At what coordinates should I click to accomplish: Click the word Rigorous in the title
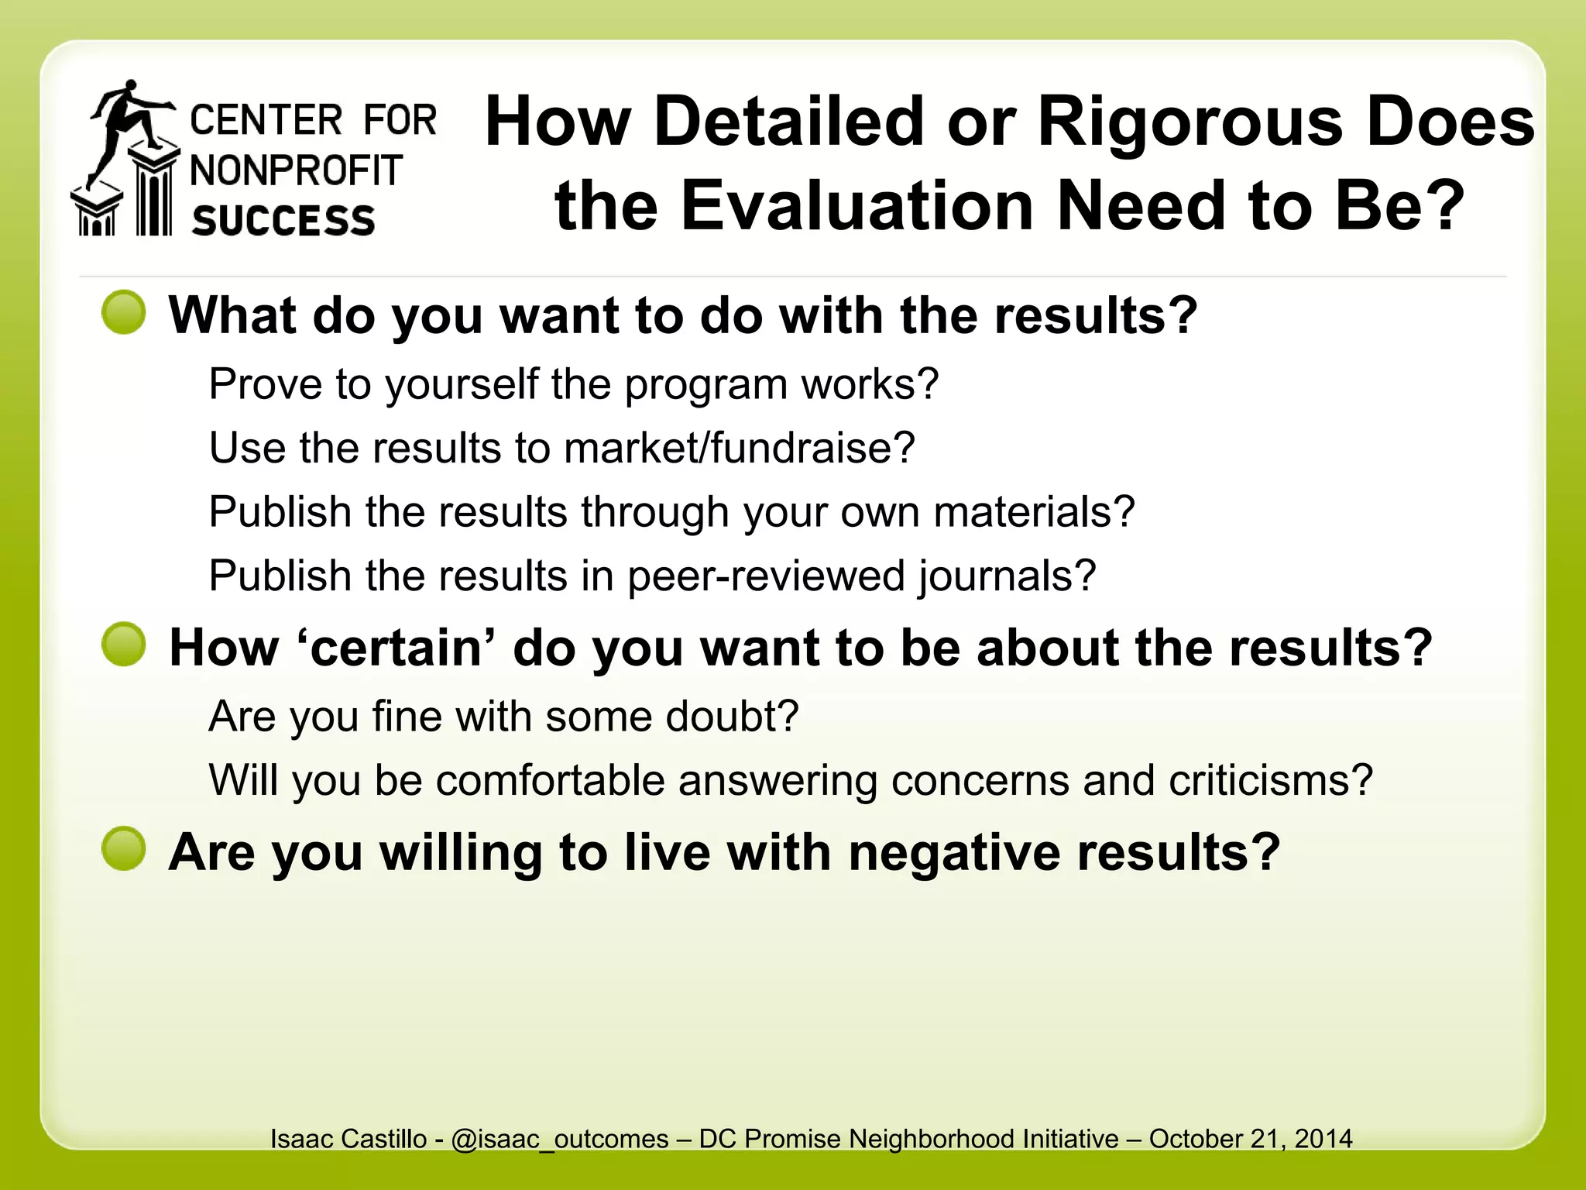pyautogui.click(x=1189, y=122)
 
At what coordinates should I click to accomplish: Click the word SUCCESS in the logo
pyautogui.click(x=283, y=221)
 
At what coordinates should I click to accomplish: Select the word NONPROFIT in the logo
pyautogui.click(x=297, y=170)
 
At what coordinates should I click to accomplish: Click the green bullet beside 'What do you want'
pyautogui.click(x=124, y=313)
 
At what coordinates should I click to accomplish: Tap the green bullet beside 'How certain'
pyautogui.click(x=124, y=645)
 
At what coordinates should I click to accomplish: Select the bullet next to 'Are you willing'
pyautogui.click(x=124, y=849)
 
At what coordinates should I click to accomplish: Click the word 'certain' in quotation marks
pyautogui.click(x=396, y=648)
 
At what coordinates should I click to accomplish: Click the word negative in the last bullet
pyautogui.click(x=954, y=852)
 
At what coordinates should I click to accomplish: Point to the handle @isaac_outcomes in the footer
pyautogui.click(x=559, y=1139)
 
